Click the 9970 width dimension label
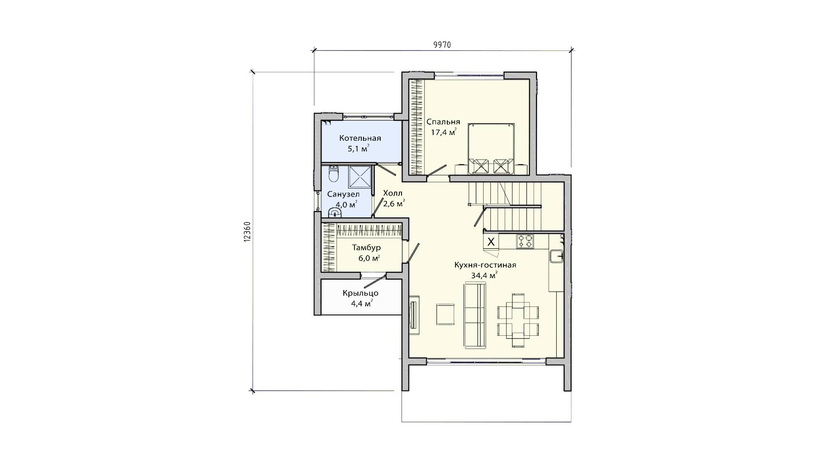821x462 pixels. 442,45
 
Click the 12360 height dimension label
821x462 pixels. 247,232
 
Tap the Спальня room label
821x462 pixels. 443,121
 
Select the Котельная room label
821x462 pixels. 360,138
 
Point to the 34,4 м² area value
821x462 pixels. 484,275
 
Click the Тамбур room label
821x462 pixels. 366,248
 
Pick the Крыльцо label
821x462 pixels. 360,293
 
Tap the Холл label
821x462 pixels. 393,193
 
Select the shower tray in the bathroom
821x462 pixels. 360,176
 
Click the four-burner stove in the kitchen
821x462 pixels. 525,241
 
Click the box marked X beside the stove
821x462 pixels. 491,242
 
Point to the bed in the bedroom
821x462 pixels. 491,149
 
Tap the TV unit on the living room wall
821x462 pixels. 414,312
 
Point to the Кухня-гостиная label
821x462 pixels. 485,265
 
